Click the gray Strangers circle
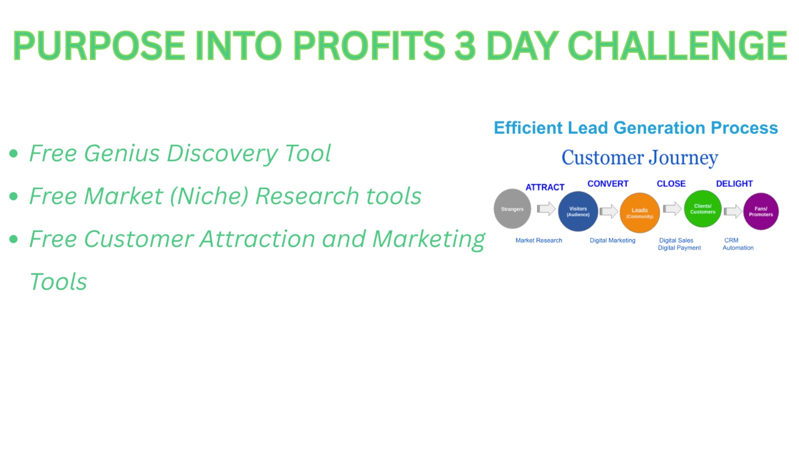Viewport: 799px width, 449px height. (512, 209)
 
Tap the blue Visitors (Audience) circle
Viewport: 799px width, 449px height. (578, 212)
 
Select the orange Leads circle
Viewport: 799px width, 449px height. (640, 213)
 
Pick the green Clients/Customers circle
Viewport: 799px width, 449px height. (703, 209)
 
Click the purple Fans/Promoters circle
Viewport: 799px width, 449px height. (761, 212)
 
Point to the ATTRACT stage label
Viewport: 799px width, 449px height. (545, 188)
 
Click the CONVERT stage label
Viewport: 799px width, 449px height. (608, 184)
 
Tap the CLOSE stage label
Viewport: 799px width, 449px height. (671, 184)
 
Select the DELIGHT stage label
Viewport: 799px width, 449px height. (735, 184)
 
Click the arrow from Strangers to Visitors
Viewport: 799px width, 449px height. (546, 209)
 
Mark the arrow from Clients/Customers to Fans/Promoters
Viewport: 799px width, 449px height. (733, 212)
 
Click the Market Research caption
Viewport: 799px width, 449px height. (539, 240)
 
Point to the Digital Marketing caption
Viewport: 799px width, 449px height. (612, 240)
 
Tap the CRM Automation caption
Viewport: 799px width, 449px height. (738, 244)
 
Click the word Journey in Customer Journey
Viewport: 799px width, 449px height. (683, 158)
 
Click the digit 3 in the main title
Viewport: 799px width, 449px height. (465, 45)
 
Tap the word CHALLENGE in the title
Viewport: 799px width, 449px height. (677, 45)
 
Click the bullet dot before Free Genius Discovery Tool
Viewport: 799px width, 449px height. (13, 154)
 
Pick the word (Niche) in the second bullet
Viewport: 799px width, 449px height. (209, 196)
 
